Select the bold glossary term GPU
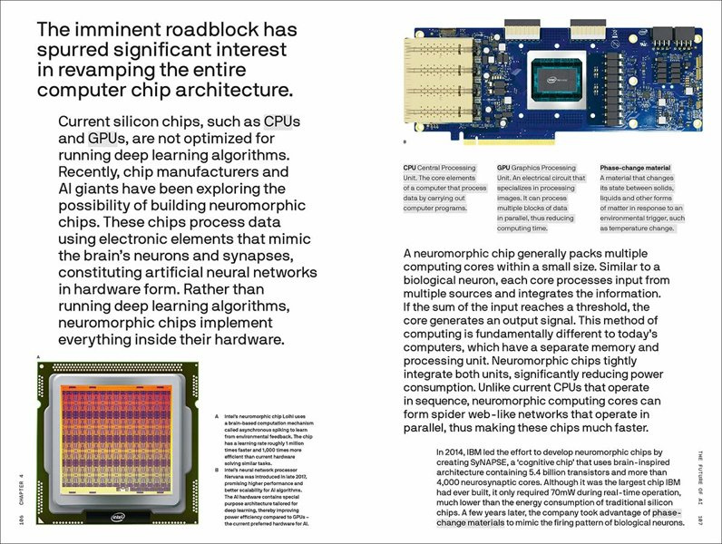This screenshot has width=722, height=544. coord(504,167)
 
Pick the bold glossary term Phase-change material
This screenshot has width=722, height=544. coord(635,167)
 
